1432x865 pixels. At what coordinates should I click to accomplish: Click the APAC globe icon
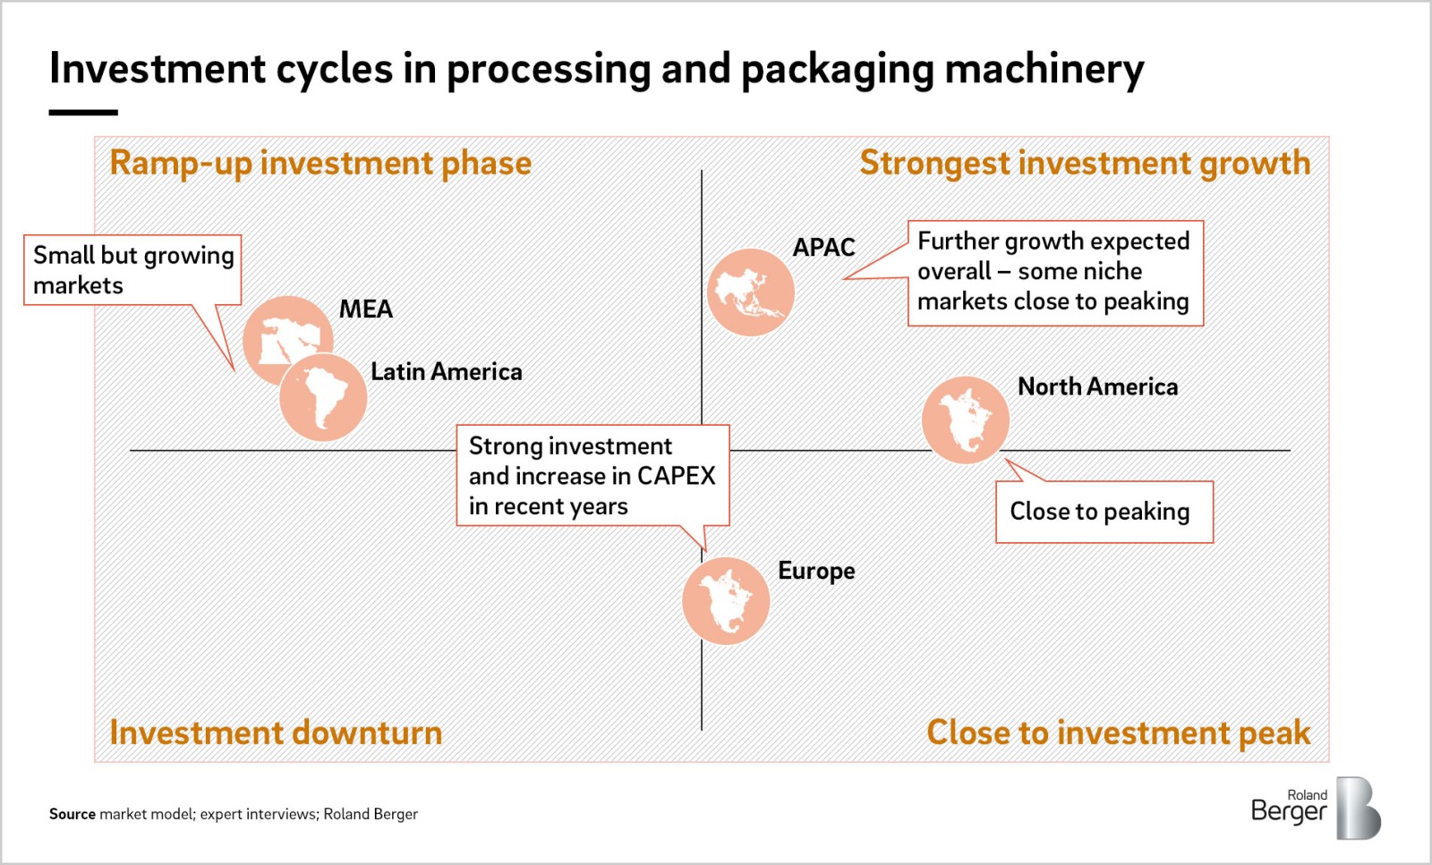pos(751,292)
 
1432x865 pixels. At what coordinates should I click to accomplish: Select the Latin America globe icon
pos(323,397)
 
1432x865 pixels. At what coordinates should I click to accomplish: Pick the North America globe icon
pos(966,420)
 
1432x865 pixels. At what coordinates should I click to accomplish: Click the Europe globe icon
pos(726,600)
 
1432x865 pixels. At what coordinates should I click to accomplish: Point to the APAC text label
pos(823,247)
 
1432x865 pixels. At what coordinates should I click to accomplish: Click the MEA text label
pos(366,310)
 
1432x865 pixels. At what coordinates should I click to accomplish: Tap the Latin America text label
pos(447,372)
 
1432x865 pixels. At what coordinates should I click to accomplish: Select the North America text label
pos(1097,386)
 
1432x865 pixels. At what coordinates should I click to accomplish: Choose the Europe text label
pos(816,571)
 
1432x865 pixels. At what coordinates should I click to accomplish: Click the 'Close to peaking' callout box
pos(1104,512)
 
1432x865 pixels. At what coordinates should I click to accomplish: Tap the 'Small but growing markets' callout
pos(132,269)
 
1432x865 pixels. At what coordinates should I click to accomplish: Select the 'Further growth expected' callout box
pos(1055,274)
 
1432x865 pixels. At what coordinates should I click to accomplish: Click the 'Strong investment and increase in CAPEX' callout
pos(592,475)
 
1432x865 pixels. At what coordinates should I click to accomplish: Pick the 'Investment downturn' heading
pos(276,732)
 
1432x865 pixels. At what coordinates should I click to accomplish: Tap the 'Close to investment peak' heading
pos(1118,732)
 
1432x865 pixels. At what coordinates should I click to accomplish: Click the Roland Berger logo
pos(1316,808)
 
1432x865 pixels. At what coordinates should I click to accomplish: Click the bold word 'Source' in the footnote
pos(72,814)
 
